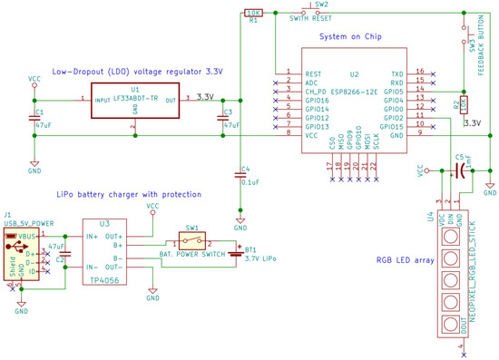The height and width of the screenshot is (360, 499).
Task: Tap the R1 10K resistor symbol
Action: tap(254, 13)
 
